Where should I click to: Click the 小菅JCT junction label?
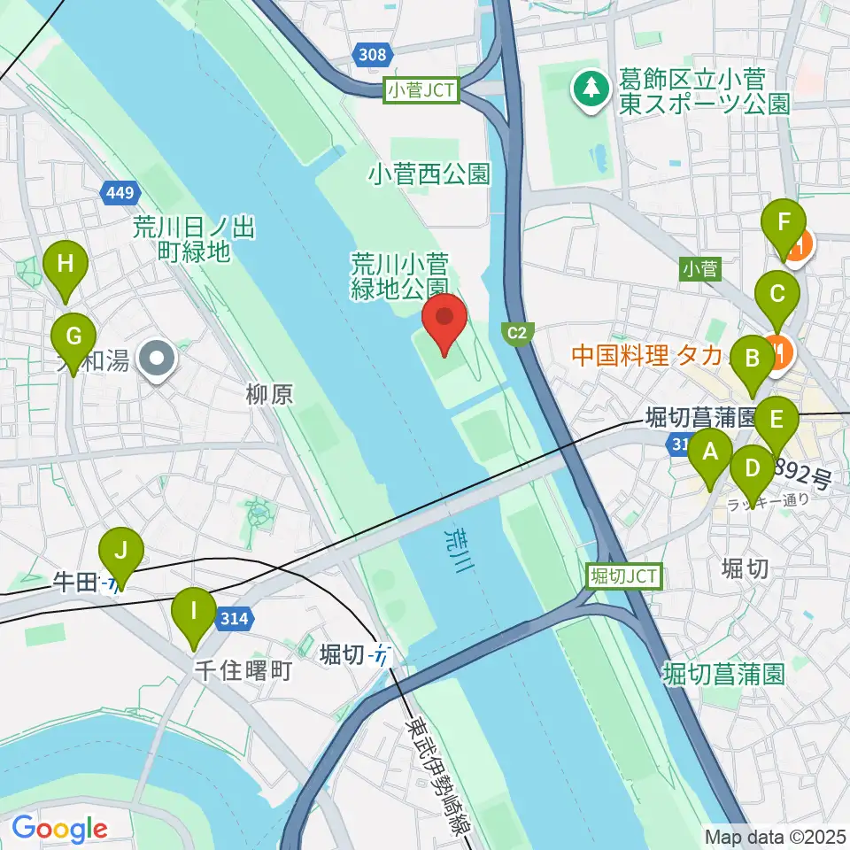tap(421, 90)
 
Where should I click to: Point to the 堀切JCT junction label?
tap(623, 576)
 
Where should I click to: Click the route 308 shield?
tap(373, 56)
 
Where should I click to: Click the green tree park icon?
tap(588, 89)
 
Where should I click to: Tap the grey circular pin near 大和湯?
tap(159, 359)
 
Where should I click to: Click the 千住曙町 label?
tap(243, 670)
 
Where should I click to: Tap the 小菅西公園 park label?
tap(429, 173)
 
